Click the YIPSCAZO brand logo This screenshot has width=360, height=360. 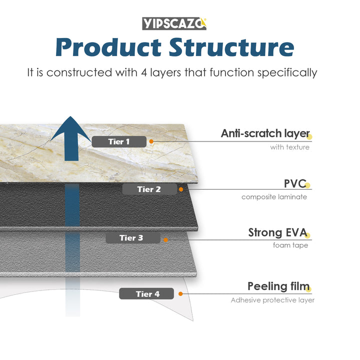tap(174, 23)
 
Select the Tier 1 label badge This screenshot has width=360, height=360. tap(119, 141)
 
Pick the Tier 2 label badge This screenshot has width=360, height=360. tap(149, 189)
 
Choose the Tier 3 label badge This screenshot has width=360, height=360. tap(131, 237)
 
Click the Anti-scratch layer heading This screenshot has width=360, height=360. tap(265, 133)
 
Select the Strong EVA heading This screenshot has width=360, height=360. tap(277, 232)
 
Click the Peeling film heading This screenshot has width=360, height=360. tap(278, 286)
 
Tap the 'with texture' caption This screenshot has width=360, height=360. tap(290, 147)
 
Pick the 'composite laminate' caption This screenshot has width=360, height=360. tap(274, 196)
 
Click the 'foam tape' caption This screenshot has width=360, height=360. tap(290, 245)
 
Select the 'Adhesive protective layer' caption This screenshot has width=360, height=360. tap(272, 300)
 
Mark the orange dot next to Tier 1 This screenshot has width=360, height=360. tap(151, 141)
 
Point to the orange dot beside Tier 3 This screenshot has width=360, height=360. tap(165, 239)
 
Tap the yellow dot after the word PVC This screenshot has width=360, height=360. tap(308, 185)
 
